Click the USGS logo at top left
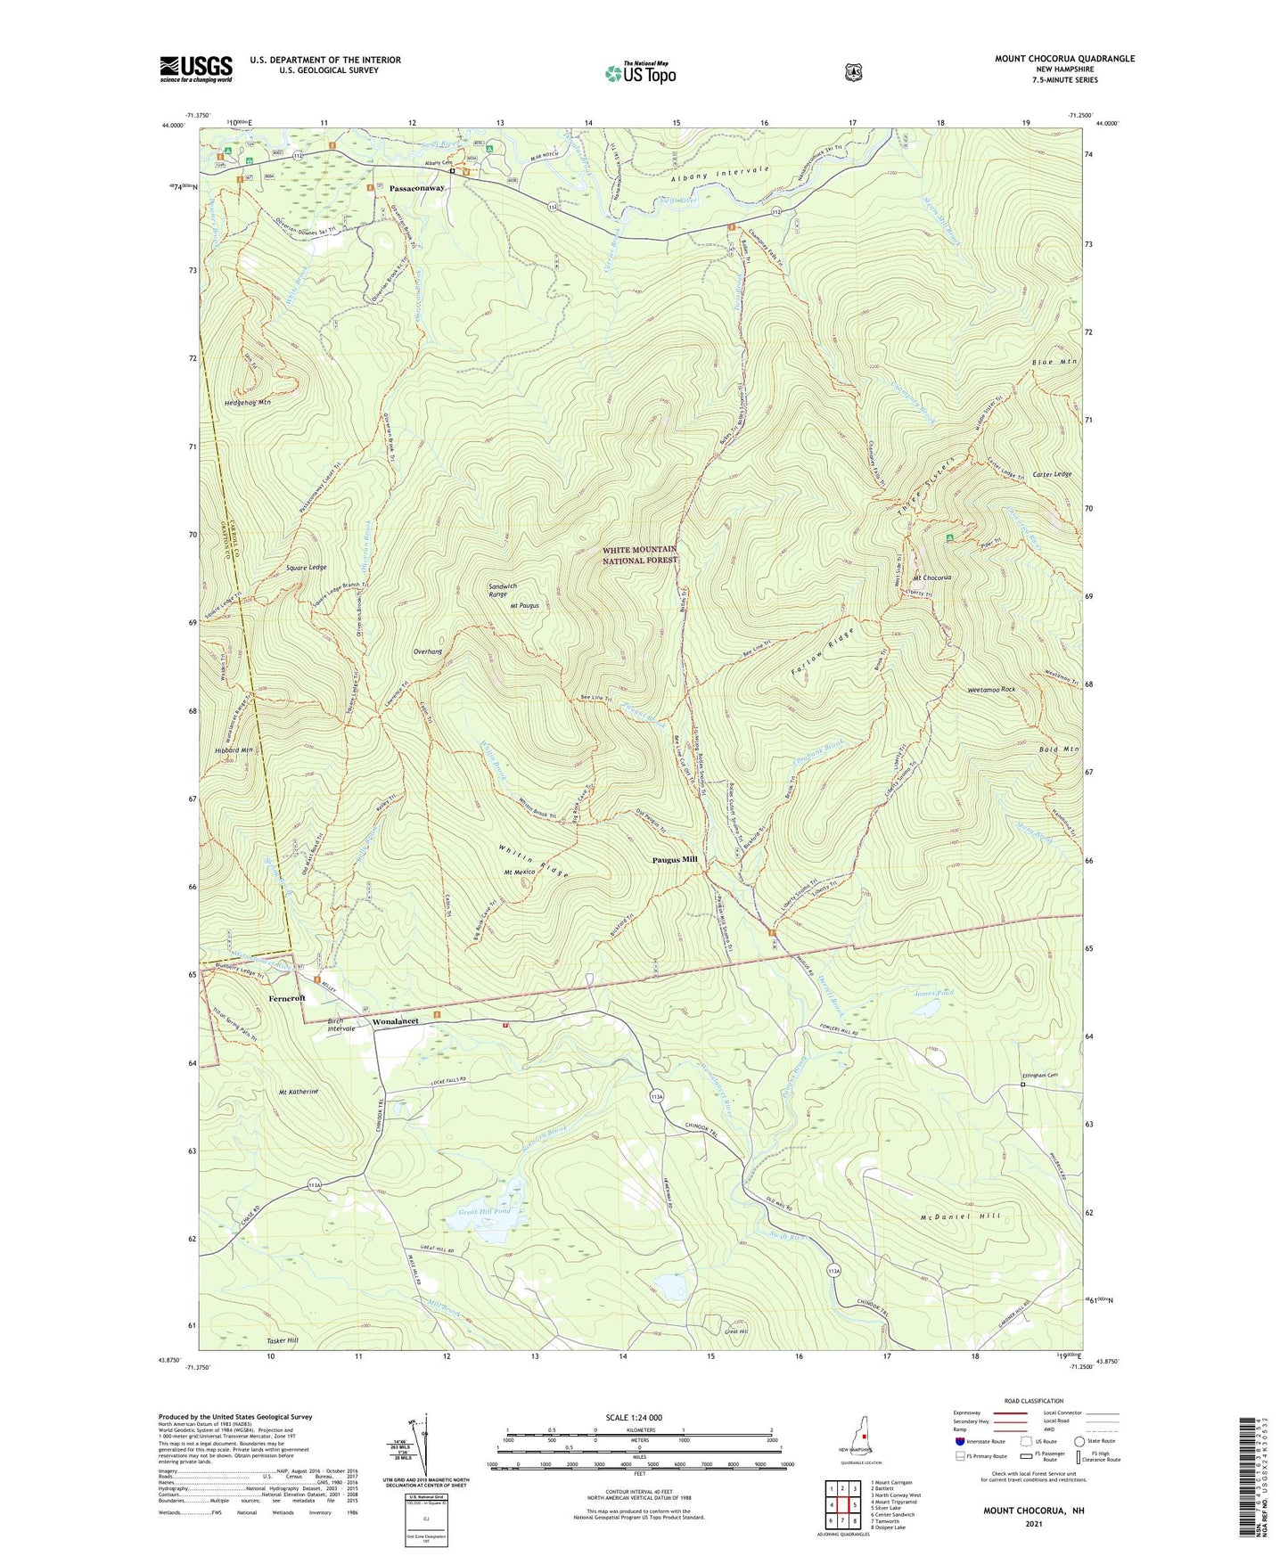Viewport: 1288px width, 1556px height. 196,69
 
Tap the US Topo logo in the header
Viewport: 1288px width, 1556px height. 640,73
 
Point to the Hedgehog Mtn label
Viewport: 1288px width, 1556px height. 246,403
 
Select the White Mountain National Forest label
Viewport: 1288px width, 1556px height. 639,554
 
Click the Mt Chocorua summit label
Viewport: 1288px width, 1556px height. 931,577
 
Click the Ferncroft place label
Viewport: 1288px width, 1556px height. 287,999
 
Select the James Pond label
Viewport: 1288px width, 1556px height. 933,992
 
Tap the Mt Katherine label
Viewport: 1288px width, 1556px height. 299,1091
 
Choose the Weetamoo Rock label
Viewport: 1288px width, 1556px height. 991,690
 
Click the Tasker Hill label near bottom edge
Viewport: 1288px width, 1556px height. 283,1340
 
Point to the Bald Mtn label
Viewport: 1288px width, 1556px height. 1059,749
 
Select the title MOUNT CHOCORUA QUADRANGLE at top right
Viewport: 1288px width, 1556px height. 1064,59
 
